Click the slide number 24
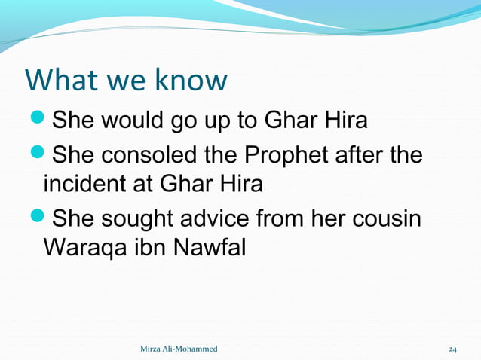(x=452, y=349)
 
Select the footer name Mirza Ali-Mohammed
(x=179, y=349)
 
